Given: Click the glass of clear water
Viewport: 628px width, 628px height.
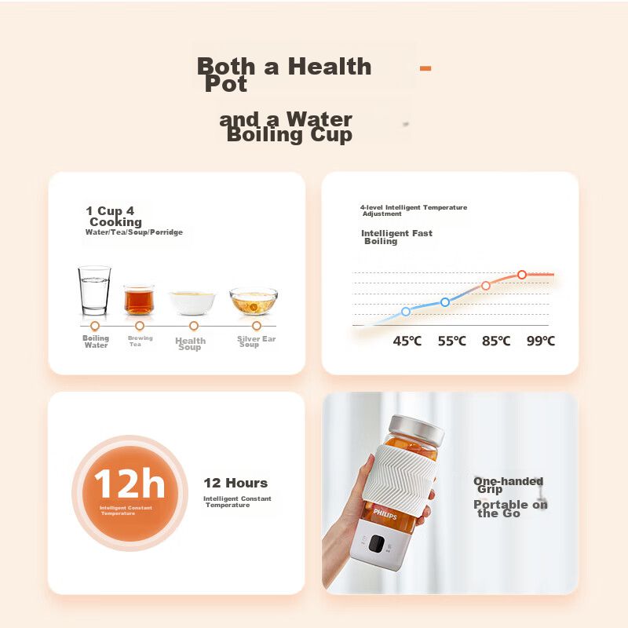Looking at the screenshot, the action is pyautogui.click(x=94, y=290).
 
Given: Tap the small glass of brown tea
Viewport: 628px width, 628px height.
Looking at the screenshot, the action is pyautogui.click(x=139, y=299).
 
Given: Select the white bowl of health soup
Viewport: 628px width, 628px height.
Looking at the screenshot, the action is pyautogui.click(x=192, y=303).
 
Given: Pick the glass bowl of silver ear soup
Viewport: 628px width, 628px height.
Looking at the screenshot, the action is pyautogui.click(x=254, y=301).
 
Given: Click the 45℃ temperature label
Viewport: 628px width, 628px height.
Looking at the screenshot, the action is pyautogui.click(x=407, y=341).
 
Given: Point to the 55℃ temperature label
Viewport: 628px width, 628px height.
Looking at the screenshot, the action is pyautogui.click(x=452, y=341).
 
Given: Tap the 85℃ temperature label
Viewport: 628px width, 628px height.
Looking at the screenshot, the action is pyautogui.click(x=496, y=341).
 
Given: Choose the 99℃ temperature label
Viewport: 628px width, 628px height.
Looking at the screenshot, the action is pyautogui.click(x=541, y=341).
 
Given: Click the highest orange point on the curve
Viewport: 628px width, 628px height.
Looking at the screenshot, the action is pyautogui.click(x=522, y=275).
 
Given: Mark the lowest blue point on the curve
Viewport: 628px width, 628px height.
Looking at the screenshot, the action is pyautogui.click(x=406, y=311).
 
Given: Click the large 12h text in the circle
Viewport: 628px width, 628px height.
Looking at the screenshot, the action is pyautogui.click(x=130, y=484).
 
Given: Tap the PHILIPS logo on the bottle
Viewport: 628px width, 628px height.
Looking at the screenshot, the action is pyautogui.click(x=385, y=514).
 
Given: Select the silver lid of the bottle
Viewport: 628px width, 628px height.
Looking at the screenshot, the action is pyautogui.click(x=417, y=429).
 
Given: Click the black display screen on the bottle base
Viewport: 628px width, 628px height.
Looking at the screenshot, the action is pyautogui.click(x=377, y=543).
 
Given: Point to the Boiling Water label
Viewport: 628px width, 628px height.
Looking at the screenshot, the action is pyautogui.click(x=96, y=341).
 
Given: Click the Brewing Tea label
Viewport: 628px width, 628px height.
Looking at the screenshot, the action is pyautogui.click(x=141, y=341).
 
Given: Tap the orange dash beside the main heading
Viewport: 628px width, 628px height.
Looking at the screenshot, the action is pyautogui.click(x=425, y=68).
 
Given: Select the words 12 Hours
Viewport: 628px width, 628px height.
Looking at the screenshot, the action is pyautogui.click(x=235, y=483).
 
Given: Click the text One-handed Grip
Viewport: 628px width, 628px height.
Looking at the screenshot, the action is pyautogui.click(x=508, y=485).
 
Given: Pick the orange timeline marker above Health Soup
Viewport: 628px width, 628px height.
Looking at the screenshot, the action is pyautogui.click(x=194, y=326).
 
